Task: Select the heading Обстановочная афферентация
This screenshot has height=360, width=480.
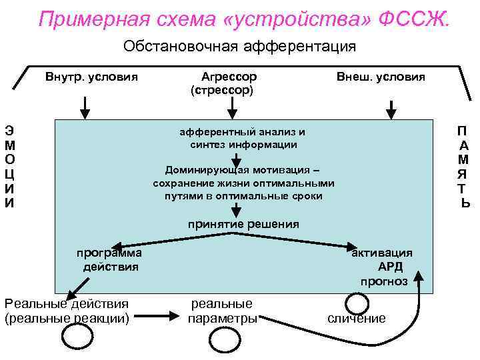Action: (x=240, y=47)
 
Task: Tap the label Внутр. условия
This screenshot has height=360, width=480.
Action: (x=91, y=77)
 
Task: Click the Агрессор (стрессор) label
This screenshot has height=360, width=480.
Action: (x=224, y=83)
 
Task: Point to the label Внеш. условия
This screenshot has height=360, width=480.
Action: (x=381, y=77)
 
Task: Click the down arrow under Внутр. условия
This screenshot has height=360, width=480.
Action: (x=85, y=107)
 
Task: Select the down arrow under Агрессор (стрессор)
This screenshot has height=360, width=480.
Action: (x=231, y=106)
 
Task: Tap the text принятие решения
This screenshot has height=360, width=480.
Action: (x=243, y=224)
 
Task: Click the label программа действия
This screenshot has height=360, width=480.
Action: (x=109, y=260)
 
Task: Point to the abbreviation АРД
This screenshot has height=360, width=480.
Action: (x=390, y=267)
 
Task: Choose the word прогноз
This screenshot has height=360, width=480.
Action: (x=384, y=281)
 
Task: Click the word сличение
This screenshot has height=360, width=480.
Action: (x=357, y=319)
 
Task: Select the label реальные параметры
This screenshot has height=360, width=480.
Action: (x=222, y=311)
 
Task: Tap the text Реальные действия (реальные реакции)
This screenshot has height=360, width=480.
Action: (x=67, y=311)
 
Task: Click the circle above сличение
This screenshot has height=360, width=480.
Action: (x=357, y=303)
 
